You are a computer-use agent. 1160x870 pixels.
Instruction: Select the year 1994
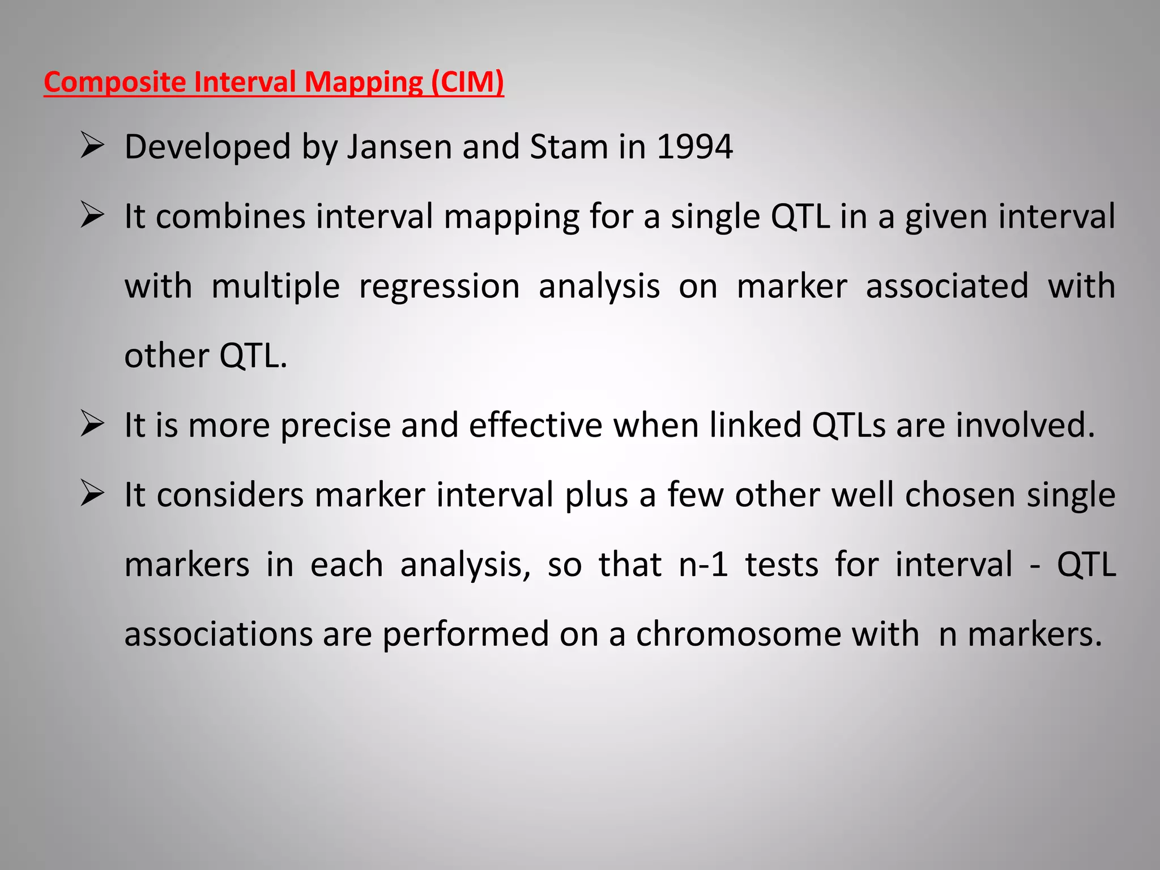[694, 147]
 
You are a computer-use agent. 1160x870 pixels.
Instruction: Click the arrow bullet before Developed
[92, 146]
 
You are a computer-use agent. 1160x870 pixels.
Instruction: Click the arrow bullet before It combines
[92, 215]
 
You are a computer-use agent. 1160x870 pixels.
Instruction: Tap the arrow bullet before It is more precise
[92, 424]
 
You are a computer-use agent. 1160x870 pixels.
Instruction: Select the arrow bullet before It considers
[92, 494]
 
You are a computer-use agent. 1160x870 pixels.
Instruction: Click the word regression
[439, 287]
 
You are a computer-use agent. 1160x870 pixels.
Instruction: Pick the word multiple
[275, 287]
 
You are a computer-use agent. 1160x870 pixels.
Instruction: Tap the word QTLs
[848, 425]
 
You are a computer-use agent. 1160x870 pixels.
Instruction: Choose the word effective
[535, 425]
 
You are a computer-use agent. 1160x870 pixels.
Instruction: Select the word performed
[466, 634]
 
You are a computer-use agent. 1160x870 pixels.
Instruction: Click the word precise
[335, 426]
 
